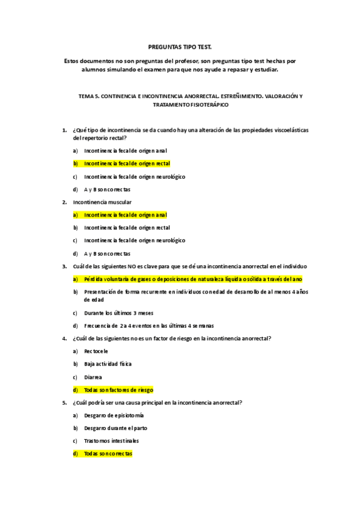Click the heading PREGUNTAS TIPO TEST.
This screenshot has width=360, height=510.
(x=180, y=46)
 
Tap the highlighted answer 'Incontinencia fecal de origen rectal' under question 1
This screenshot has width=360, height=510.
(x=127, y=163)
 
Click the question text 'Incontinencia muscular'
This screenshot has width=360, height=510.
(x=102, y=202)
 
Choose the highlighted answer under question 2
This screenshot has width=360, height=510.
(x=126, y=215)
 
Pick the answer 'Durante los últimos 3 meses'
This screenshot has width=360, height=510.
(x=114, y=313)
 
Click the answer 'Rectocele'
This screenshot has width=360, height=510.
(x=96, y=351)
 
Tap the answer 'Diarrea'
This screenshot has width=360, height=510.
(x=93, y=376)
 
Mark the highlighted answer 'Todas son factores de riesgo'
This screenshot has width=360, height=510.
(x=118, y=390)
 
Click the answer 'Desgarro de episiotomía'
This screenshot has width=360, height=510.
(x=114, y=415)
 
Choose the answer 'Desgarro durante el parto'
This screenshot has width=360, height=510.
(x=116, y=428)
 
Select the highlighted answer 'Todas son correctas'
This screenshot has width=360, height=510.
(x=108, y=453)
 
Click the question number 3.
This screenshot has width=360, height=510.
(x=64, y=266)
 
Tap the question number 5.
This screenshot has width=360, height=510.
(x=64, y=402)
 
